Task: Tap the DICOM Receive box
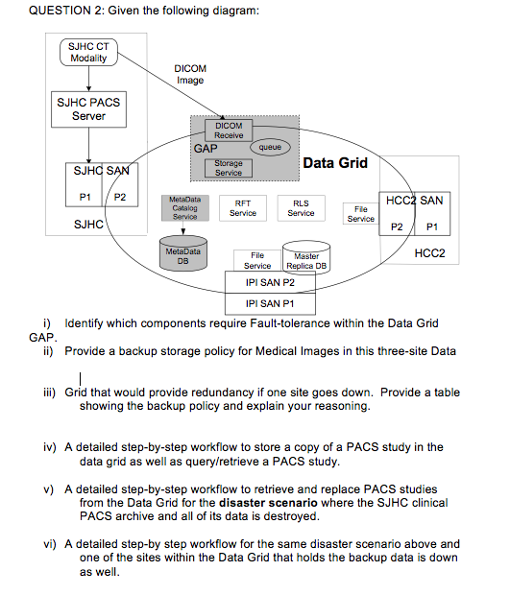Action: pyautogui.click(x=229, y=131)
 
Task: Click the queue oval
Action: pyautogui.click(x=270, y=149)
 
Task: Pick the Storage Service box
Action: pyautogui.click(x=229, y=168)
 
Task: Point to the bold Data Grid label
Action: pyautogui.click(x=335, y=163)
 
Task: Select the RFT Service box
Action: pyautogui.click(x=243, y=208)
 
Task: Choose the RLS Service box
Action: pyautogui.click(x=301, y=208)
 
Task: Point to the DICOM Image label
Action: pyautogui.click(x=190, y=74)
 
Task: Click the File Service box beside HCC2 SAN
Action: pyautogui.click(x=361, y=213)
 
